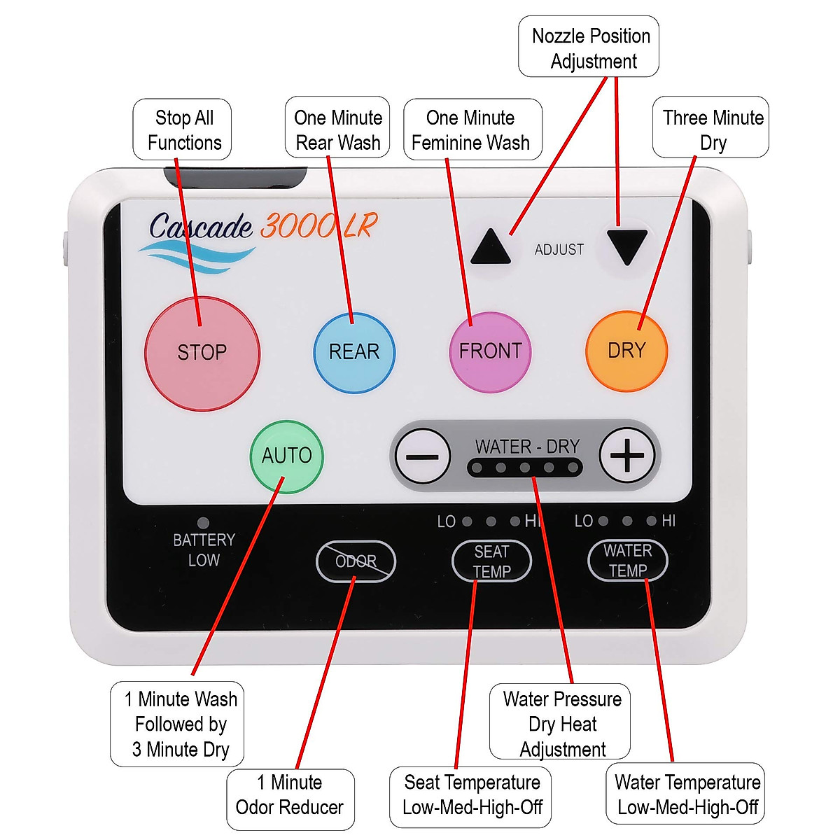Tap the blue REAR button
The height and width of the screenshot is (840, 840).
(354, 352)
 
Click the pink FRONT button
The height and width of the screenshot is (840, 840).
(490, 351)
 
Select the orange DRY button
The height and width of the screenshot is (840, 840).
(626, 351)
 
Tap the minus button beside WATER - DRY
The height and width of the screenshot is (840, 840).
(423, 456)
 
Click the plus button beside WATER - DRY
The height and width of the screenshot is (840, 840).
(627, 456)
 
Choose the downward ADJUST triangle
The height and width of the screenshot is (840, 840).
(626, 246)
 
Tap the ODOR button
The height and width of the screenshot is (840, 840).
(356, 561)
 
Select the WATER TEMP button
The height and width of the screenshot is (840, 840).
(627, 561)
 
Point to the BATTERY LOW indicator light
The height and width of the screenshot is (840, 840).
(203, 523)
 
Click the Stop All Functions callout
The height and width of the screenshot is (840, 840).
(183, 129)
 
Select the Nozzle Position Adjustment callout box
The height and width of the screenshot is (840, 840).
(589, 48)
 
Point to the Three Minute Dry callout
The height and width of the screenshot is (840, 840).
(711, 129)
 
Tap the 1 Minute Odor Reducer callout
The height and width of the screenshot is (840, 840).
(290, 795)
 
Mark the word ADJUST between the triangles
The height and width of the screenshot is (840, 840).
(559, 250)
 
